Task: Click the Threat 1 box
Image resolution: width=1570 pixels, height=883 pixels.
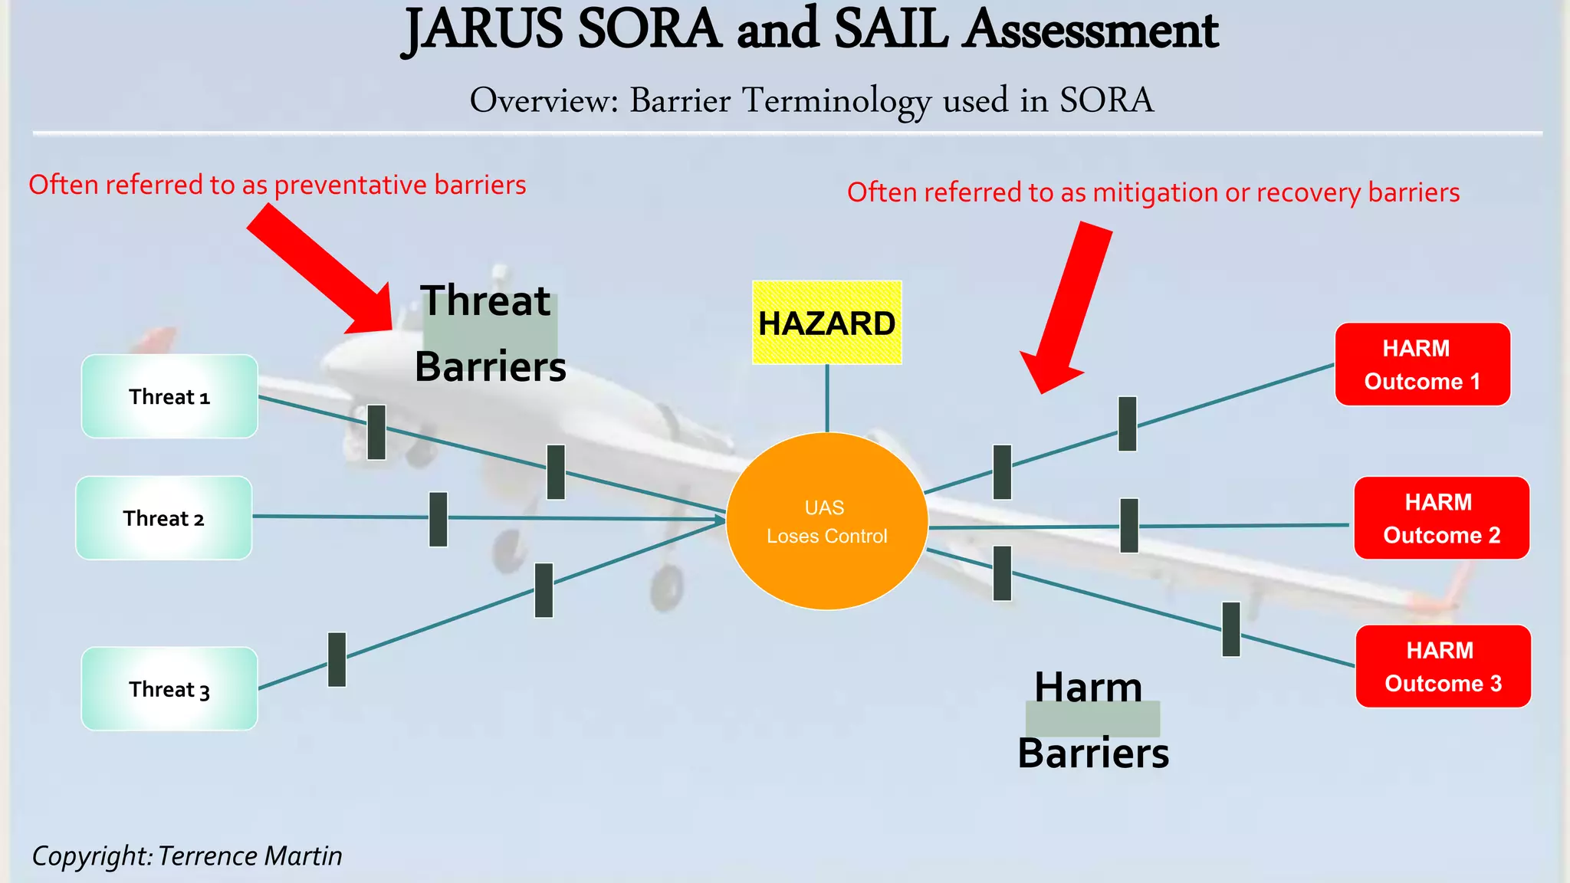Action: [x=169, y=396]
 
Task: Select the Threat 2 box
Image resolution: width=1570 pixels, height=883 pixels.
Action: [x=163, y=518]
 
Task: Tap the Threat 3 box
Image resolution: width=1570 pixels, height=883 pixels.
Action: [x=169, y=689]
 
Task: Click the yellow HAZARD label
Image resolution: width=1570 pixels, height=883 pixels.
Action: [x=826, y=323]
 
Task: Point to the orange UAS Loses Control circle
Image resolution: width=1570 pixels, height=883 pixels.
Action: [x=826, y=522]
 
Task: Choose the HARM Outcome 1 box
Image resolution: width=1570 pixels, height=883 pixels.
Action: [x=1422, y=365]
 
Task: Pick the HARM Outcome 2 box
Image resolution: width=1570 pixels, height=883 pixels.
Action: [x=1441, y=518]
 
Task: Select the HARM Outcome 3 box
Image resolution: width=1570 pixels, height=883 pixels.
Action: [x=1443, y=667]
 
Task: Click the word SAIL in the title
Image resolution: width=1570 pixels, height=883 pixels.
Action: [x=891, y=31]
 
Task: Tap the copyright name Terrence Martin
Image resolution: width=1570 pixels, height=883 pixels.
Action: [x=250, y=856]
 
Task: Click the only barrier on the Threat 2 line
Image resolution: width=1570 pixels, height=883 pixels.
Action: [x=438, y=519]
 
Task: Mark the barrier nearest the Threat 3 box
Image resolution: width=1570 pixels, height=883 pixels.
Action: [x=337, y=659]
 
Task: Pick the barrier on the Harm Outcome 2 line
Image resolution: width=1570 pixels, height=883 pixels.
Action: [x=1129, y=526]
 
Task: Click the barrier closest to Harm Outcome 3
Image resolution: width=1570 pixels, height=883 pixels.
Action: [x=1231, y=629]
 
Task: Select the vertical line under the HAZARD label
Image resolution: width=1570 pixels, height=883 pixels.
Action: [x=827, y=398]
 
